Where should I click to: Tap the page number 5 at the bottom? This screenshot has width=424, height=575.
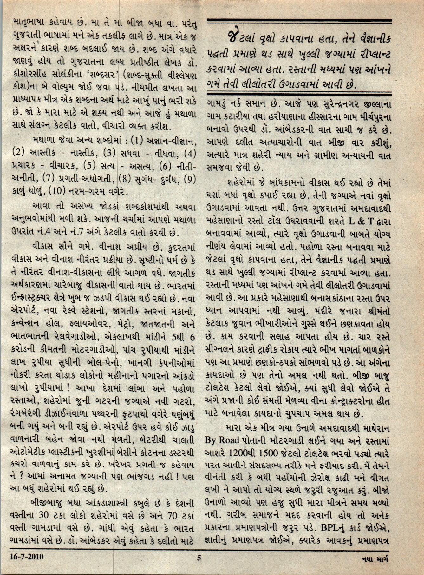[x=199, y=557]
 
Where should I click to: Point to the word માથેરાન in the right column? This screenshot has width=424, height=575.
[x=374, y=429]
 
